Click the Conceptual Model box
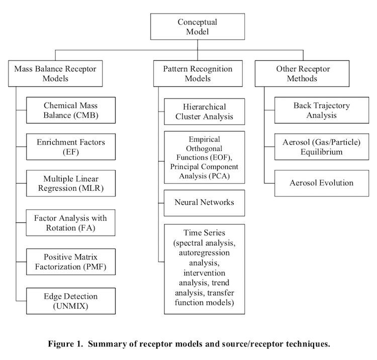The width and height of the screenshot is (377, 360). coord(198,27)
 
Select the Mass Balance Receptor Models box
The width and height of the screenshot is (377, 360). coord(55,73)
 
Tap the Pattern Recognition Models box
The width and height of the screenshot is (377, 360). coord(198,73)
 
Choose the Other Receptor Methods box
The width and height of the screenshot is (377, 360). coord(302,73)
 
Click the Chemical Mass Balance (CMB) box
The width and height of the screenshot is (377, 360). coord(71,110)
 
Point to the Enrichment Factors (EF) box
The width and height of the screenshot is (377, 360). coord(71,147)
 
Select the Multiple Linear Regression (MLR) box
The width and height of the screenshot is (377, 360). coord(71,183)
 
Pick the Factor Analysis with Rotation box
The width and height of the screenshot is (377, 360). coord(71,222)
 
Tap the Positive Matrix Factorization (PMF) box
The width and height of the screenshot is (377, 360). coord(71,262)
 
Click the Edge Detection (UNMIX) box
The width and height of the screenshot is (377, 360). coord(71,301)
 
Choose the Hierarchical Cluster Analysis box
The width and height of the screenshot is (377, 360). coord(205,111)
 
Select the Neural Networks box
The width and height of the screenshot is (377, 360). coord(205,203)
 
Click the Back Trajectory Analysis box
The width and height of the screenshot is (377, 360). coord(322,110)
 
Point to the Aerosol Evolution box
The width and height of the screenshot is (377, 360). coord(322,183)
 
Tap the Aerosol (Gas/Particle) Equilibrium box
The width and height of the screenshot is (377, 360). coord(322,147)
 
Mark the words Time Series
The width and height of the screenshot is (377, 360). coord(204,232)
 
